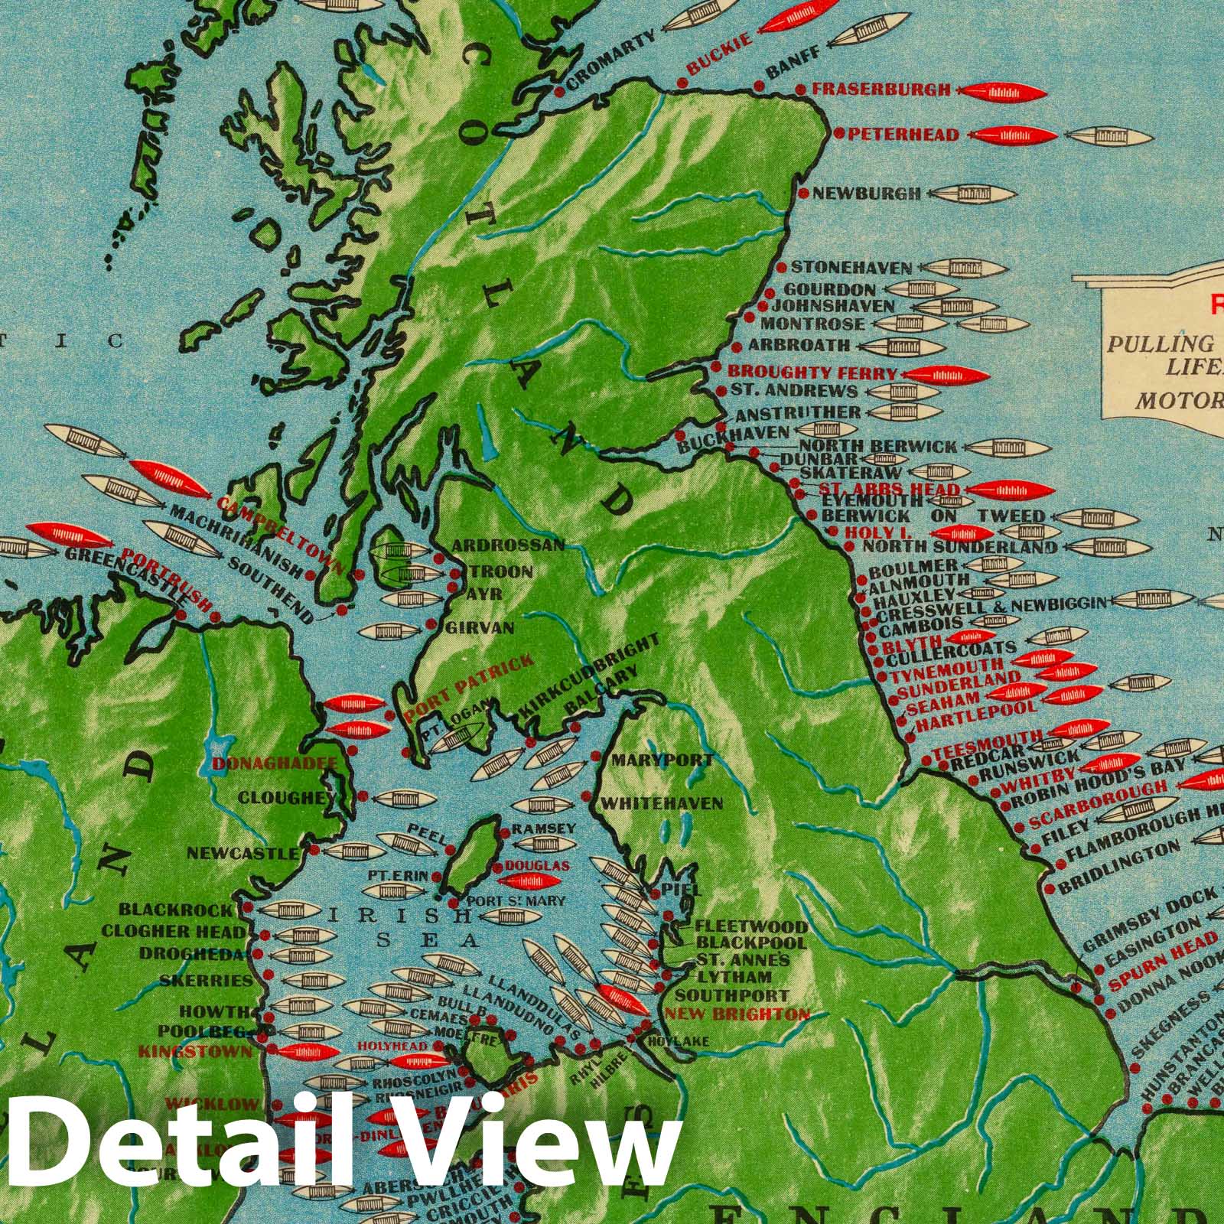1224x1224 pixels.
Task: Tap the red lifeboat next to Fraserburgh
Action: tap(1004, 93)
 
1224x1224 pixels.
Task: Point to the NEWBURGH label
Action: tap(866, 194)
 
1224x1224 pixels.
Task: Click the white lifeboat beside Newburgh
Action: tap(972, 194)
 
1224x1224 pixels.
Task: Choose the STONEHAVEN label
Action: tap(851, 268)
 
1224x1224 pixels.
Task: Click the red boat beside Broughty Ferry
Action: tap(946, 375)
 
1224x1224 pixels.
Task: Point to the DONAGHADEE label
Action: tap(275, 763)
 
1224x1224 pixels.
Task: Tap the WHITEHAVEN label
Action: tap(662, 803)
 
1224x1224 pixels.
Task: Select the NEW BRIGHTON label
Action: tap(737, 1015)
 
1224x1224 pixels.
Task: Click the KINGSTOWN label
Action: tap(194, 1051)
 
